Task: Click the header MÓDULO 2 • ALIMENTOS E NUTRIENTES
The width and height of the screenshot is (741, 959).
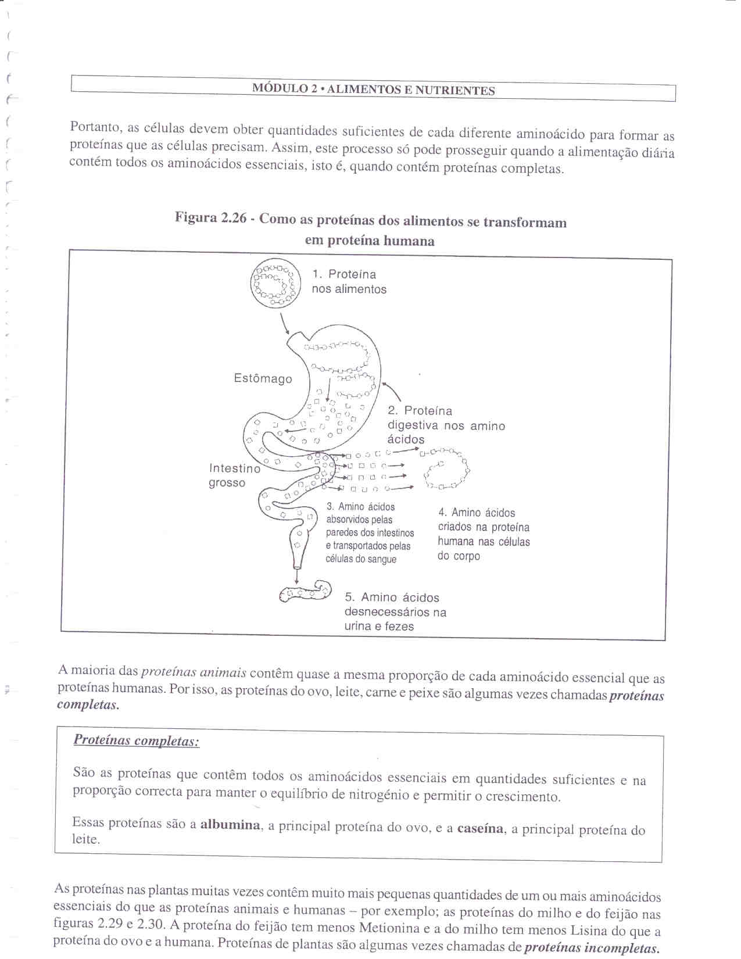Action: [x=373, y=90]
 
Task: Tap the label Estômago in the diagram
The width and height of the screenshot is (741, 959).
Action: [x=263, y=378]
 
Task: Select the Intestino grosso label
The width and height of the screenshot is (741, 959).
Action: [x=234, y=475]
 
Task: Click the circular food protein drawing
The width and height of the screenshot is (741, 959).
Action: [x=275, y=284]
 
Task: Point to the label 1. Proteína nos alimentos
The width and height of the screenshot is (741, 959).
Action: [x=349, y=282]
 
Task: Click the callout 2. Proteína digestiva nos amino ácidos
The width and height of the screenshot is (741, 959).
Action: [x=446, y=425]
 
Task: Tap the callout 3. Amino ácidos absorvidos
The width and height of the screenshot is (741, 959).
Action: [x=370, y=533]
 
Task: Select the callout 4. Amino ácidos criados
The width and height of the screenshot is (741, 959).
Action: [x=484, y=534]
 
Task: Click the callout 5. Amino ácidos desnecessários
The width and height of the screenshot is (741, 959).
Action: [x=395, y=611]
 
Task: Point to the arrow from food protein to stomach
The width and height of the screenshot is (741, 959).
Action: [x=285, y=323]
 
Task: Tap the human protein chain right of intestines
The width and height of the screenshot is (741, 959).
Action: [x=446, y=468]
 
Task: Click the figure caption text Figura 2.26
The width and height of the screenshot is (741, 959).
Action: [x=370, y=230]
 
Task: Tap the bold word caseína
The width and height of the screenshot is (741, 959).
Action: [x=480, y=828]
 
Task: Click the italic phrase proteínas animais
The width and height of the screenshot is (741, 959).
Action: [x=194, y=672]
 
